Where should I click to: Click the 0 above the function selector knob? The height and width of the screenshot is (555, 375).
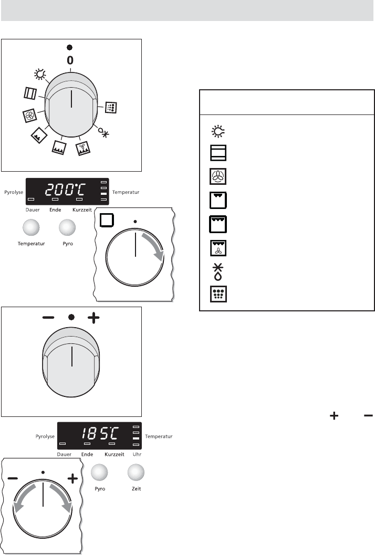point(70,60)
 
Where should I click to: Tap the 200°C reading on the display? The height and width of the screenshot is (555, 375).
point(66,191)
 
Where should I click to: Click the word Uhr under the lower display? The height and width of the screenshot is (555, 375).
point(137,454)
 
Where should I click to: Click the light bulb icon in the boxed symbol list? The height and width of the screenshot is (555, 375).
point(218,131)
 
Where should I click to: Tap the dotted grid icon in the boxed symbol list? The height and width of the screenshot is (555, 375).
point(218,294)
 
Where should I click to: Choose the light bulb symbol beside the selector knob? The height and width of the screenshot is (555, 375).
point(40,74)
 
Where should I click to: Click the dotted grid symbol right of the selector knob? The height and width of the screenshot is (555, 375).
point(111,107)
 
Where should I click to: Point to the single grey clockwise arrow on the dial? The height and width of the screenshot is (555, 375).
point(156,244)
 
